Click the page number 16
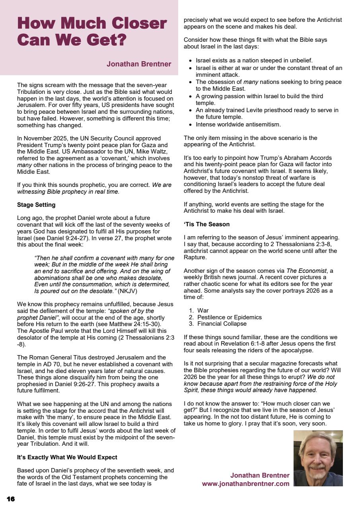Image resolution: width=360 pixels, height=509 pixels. pos(11,499)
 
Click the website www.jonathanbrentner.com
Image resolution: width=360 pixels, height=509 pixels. pos(245,484)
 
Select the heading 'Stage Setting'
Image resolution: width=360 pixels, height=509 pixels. pos(36,205)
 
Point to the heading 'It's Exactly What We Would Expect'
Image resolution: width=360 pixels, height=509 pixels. pos(67,457)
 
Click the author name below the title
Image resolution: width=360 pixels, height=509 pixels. pos(139,64)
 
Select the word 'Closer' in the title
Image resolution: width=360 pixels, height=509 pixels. pos(139,23)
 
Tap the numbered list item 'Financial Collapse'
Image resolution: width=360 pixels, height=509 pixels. pos(222,324)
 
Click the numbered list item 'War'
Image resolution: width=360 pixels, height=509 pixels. pos(203,311)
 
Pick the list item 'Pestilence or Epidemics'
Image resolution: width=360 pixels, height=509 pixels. pos(229,317)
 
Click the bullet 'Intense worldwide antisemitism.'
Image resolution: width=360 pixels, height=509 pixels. pos(238,124)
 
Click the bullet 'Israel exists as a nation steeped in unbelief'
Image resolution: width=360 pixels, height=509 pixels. pos(254,60)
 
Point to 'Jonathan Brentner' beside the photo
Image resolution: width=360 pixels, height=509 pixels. pos(260,475)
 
